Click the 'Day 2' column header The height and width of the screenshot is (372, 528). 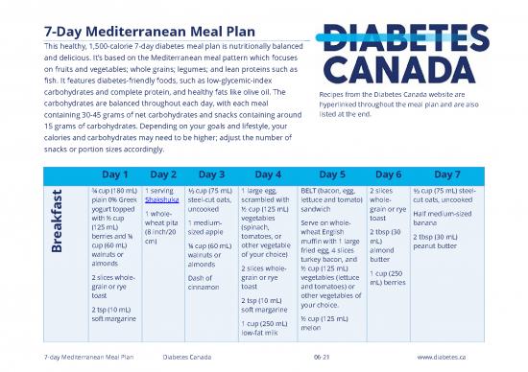164,174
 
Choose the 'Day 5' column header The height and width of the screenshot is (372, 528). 331,174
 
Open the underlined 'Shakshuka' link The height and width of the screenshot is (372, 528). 164,200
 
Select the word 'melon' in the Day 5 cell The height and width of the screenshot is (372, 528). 310,327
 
